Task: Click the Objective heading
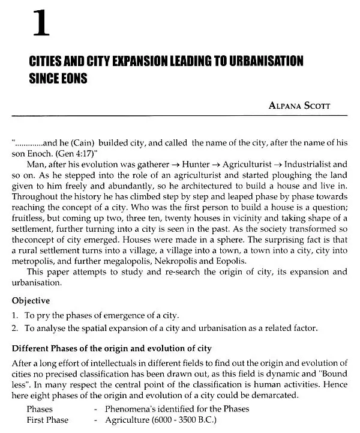pyautogui.click(x=31, y=300)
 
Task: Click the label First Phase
pyautogui.click(x=47, y=420)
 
